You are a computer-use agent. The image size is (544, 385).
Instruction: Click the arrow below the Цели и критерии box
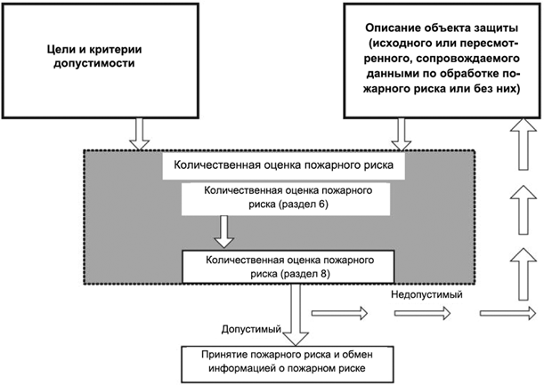tap(141, 132)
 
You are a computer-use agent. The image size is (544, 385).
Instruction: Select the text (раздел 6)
tap(303, 204)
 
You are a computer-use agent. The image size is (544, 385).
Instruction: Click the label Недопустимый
tap(426, 293)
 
